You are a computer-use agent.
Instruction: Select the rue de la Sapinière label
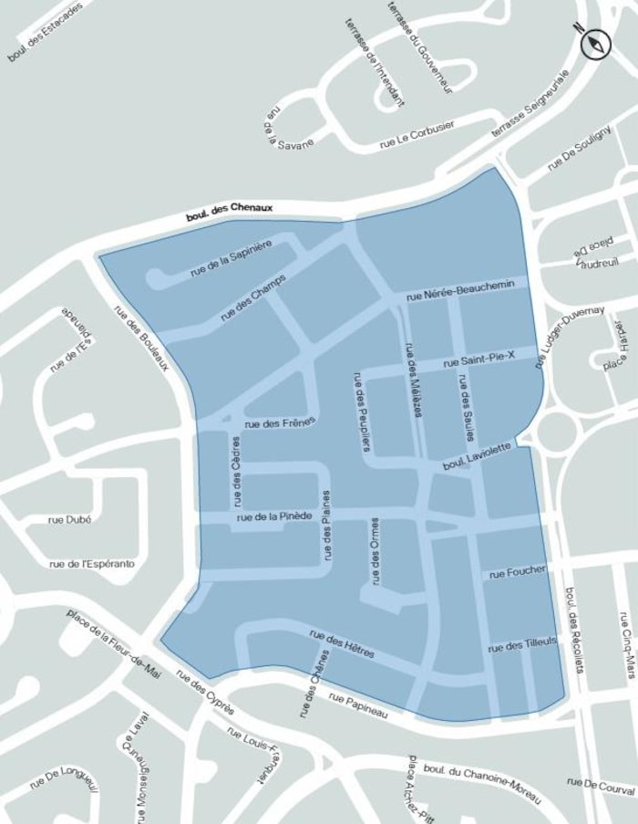pos(231,258)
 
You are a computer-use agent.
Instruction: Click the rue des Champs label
pos(252,297)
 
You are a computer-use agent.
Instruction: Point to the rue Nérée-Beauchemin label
pos(467,290)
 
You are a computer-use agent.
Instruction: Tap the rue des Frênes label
pos(280,422)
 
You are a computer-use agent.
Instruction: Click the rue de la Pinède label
pos(274,517)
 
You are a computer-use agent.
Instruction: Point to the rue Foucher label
pos(517,572)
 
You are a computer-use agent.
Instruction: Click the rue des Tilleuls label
pos(521,646)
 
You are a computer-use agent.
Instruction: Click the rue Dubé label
pos(70,519)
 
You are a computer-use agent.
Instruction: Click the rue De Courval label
pos(599,783)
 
